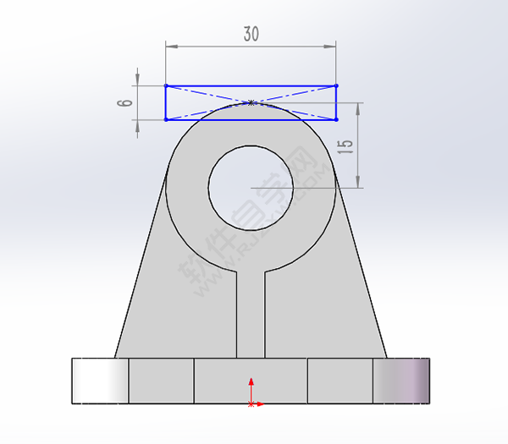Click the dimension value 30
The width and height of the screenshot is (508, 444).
tap(251, 34)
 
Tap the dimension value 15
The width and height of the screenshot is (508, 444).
tap(344, 145)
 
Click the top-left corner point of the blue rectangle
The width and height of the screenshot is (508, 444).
tap(166, 85)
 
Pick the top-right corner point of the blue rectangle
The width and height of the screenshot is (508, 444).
tap(336, 85)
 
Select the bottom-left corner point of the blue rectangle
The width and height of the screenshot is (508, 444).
tap(166, 119)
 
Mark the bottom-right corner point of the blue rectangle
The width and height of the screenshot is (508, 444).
tap(336, 119)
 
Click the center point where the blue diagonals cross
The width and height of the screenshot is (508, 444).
tap(251, 102)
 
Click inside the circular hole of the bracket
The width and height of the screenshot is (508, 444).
tap(251, 186)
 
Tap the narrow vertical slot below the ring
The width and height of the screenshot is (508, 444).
tap(251, 313)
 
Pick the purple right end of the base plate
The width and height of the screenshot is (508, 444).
tap(401, 381)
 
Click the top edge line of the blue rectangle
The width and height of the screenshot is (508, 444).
tap(212, 85)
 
